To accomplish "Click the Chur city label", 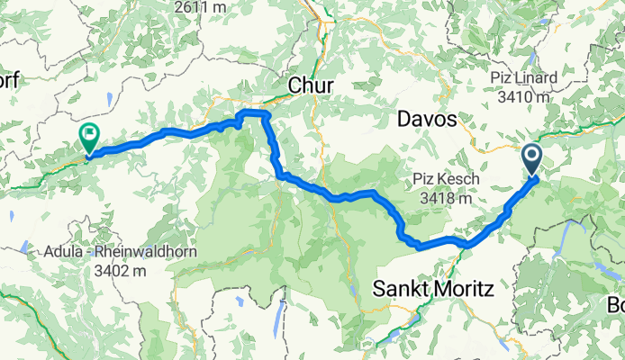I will (x=312, y=85).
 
